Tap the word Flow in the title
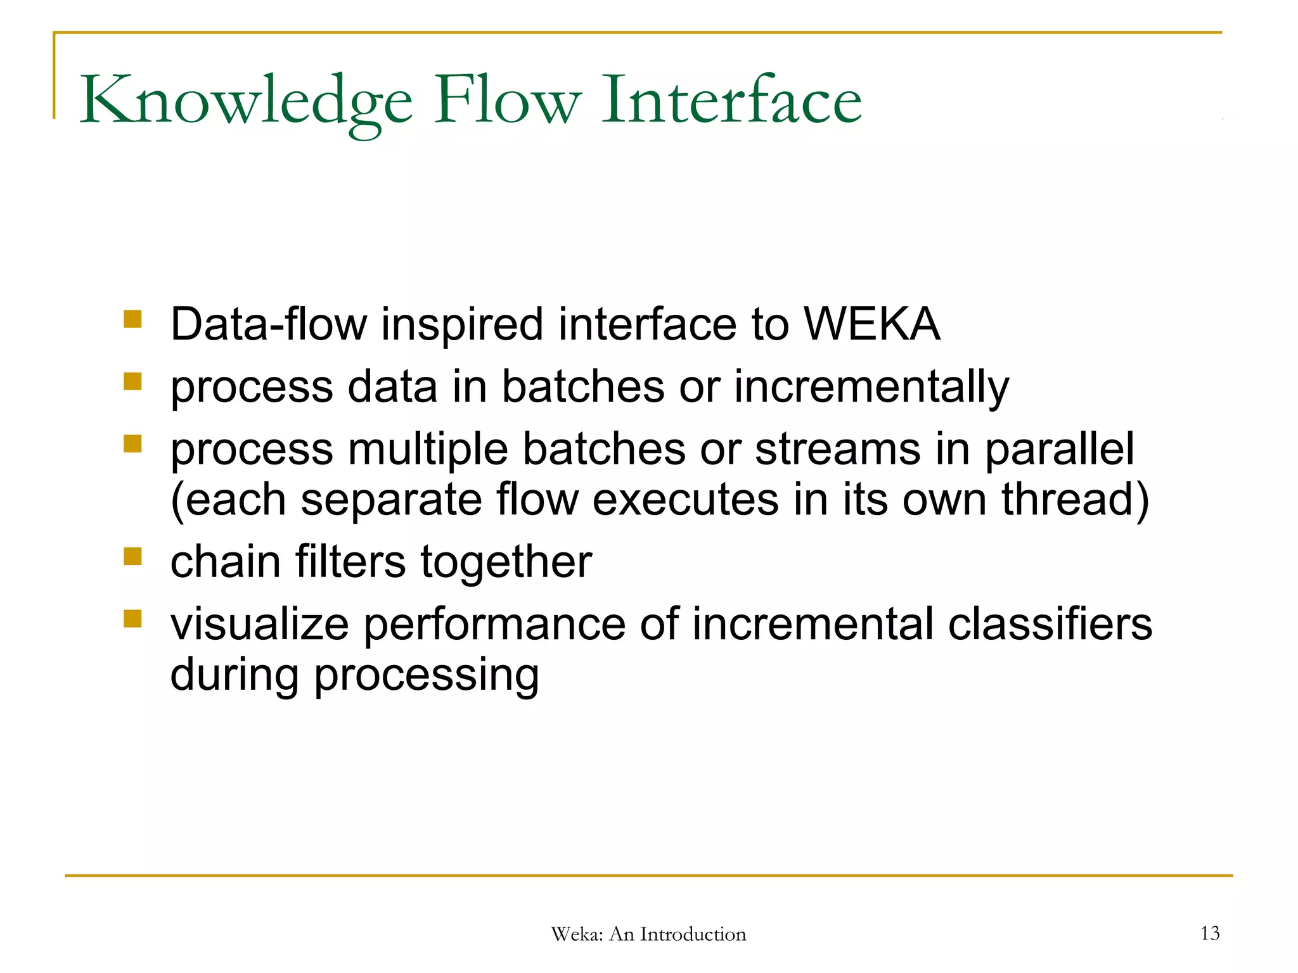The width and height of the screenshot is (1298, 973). click(x=507, y=100)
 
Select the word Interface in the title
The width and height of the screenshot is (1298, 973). click(x=731, y=100)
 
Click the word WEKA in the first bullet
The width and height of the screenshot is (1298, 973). click(x=871, y=324)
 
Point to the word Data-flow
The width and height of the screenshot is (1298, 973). click(x=269, y=324)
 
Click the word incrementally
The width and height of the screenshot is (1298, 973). click(x=871, y=387)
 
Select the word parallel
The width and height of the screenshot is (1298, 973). click(x=1059, y=450)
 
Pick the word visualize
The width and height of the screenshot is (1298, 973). click(x=260, y=625)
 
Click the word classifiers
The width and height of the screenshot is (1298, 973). click(x=1050, y=625)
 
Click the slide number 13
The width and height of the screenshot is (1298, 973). click(x=1209, y=933)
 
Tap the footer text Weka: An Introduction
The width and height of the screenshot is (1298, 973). click(x=648, y=934)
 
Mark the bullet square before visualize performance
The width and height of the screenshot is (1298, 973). click(x=132, y=618)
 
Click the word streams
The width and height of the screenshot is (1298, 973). click(x=837, y=450)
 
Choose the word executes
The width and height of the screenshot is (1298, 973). click(x=685, y=500)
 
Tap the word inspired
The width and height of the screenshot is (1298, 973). click(x=462, y=324)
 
